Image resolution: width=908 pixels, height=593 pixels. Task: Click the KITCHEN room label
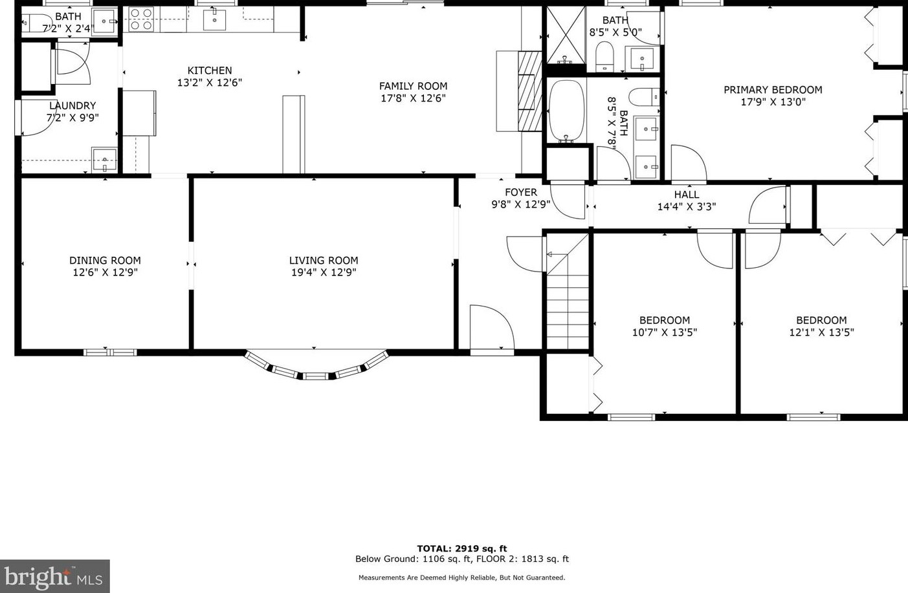(209, 70)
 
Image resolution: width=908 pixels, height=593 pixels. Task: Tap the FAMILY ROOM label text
(413, 86)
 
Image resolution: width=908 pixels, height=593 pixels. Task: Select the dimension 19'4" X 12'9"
(324, 272)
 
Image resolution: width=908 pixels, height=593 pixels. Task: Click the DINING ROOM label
(105, 261)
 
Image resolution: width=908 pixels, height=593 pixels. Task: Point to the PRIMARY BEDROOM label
(773, 90)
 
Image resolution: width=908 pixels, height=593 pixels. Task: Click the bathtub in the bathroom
(566, 111)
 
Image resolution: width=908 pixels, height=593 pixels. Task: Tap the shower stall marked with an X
(565, 35)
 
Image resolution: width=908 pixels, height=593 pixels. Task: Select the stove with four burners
(141, 19)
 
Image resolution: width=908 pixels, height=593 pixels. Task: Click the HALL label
(686, 195)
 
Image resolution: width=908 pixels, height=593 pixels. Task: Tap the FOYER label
(520, 192)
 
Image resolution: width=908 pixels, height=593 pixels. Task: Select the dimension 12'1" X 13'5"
(821, 332)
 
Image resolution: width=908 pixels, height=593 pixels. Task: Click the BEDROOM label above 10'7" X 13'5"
(664, 320)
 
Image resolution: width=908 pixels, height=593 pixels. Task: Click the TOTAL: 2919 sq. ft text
(461, 548)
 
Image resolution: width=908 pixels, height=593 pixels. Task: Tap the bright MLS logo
(55, 576)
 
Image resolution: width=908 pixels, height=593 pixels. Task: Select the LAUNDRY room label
(72, 105)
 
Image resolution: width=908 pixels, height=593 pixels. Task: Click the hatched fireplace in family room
(529, 91)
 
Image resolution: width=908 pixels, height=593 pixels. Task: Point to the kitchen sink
(214, 20)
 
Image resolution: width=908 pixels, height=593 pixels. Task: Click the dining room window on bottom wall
(109, 352)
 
